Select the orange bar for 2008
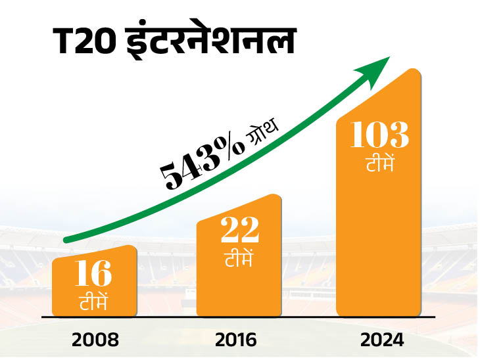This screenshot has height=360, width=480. coord(95,282)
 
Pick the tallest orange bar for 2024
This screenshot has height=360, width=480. coord(379,197)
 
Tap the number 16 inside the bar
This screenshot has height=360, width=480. coord(93,275)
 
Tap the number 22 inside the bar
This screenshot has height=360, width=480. coord(239,231)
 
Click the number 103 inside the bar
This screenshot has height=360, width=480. coord(379,135)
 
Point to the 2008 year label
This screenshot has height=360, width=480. coord(95,340)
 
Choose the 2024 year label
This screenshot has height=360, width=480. coord(379,340)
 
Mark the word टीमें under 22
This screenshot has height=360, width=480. coord(239,258)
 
